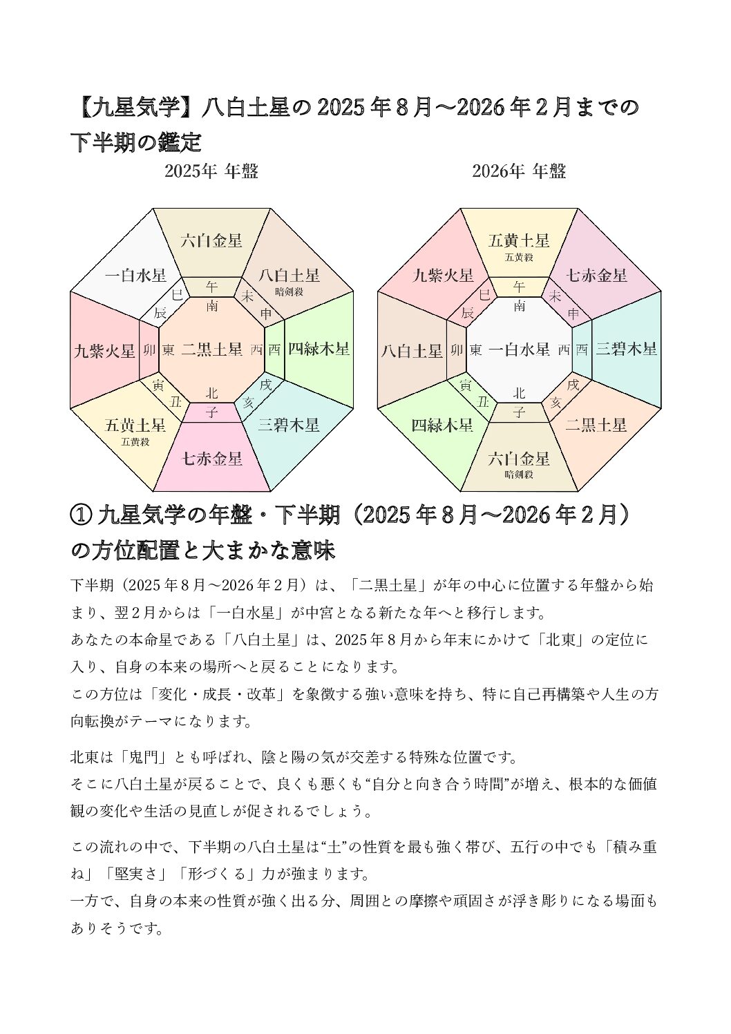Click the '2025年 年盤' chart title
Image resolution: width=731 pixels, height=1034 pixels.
211,171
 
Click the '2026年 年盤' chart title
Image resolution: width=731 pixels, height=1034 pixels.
519,171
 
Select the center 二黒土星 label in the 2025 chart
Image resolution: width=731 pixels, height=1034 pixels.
211,350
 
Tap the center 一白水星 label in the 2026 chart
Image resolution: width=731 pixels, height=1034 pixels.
519,350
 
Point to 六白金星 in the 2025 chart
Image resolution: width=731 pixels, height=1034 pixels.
211,240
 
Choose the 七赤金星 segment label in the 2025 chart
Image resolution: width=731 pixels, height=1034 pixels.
212,458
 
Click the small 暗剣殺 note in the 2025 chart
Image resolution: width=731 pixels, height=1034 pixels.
289,291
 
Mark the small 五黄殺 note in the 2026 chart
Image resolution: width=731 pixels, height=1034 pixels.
519,257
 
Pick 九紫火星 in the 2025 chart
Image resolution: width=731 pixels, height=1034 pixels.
104,351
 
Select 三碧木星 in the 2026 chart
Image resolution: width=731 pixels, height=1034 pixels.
626,349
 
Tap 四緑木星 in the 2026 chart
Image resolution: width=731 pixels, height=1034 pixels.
442,425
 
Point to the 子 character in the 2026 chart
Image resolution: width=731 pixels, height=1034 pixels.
520,412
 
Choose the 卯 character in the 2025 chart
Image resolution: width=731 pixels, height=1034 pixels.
149,350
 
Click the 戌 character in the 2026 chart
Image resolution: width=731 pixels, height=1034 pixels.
573,384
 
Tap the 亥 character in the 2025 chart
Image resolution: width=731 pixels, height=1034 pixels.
247,402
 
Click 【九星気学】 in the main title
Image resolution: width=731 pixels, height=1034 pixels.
131,108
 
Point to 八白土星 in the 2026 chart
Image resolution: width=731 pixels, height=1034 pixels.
412,351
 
